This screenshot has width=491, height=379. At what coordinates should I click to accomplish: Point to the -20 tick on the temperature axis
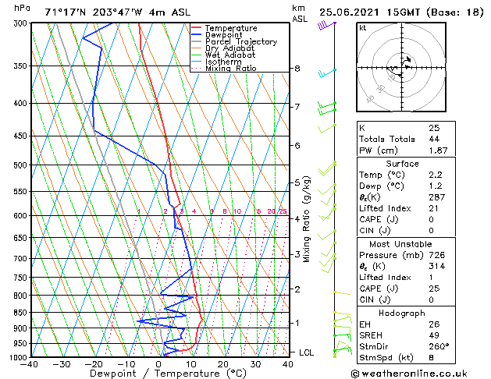coord(94,363)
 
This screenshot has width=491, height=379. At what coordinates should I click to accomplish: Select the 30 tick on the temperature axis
coord(255,363)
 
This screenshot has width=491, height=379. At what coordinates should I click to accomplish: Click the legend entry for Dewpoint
coord(222,35)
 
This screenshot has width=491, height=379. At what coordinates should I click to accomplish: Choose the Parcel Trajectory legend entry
coord(240,42)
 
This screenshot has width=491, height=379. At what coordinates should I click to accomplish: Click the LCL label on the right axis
coord(308,352)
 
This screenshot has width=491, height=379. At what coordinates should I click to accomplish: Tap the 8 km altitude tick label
coord(297,69)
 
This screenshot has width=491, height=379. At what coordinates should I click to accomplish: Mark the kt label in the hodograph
coord(363,27)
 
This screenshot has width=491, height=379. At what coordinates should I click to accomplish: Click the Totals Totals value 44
coord(434,139)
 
